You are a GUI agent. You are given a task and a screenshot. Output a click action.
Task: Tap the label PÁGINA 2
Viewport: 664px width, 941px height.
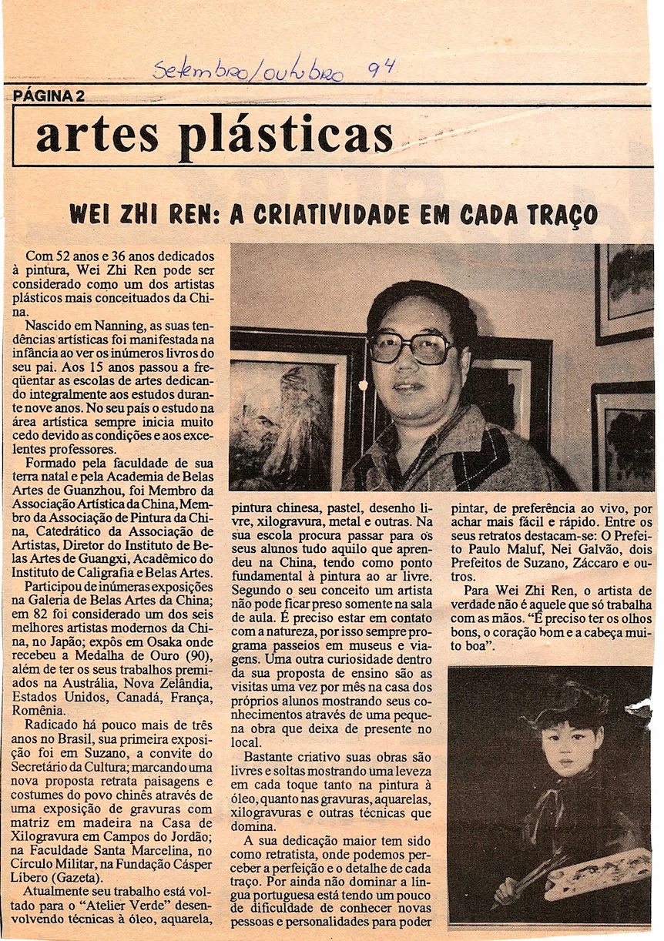49,95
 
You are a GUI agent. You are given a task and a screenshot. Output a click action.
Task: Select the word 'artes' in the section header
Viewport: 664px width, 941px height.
97,136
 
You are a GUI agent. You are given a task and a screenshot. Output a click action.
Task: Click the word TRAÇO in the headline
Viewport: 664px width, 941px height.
555,213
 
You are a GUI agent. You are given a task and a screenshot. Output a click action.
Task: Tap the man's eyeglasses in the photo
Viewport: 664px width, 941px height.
408,347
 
